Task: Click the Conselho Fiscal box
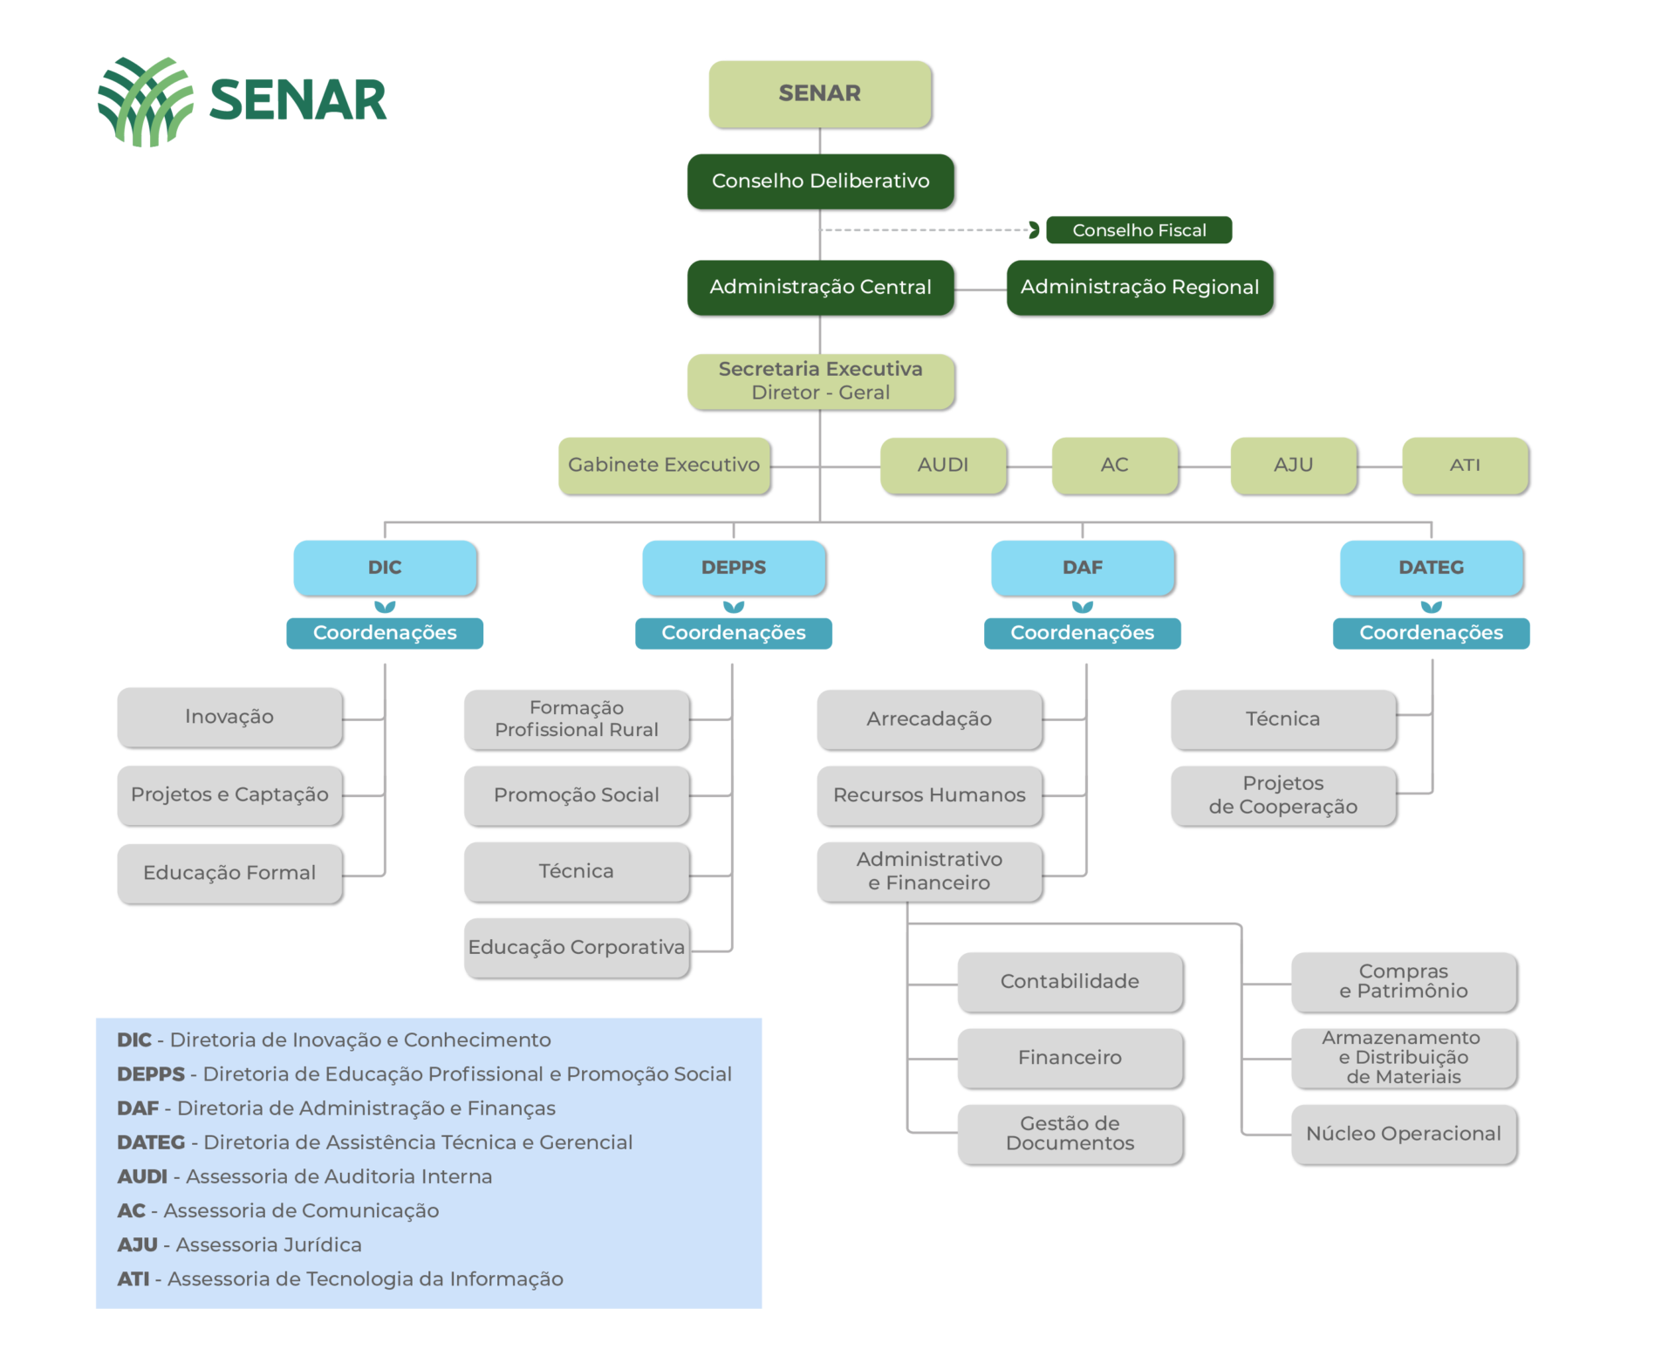[1138, 230]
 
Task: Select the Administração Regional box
[1139, 287]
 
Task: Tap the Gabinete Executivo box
[664, 465]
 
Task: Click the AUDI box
[943, 465]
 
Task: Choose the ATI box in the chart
[1465, 465]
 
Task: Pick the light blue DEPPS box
[734, 568]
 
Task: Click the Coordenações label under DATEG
[1431, 633]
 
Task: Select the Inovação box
[229, 717]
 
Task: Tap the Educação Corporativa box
[577, 947]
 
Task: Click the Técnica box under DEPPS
[577, 871]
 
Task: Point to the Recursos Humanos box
[929, 795]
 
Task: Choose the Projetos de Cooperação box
[1283, 795]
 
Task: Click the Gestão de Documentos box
[1070, 1134]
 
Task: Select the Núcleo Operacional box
[1404, 1134]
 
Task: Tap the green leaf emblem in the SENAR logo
[146, 101]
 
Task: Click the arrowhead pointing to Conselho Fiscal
[1034, 230]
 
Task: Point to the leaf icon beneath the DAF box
[1083, 607]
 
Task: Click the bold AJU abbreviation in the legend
[138, 1245]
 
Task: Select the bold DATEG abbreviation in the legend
[151, 1142]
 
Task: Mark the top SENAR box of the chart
[820, 93]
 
